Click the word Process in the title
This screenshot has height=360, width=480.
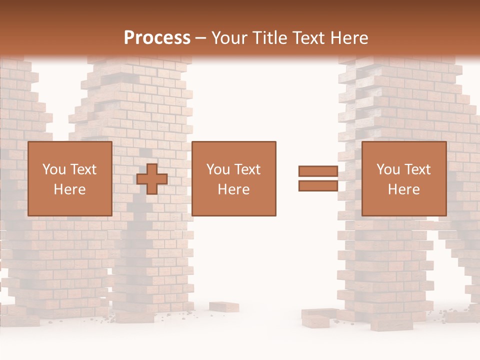[x=157, y=38]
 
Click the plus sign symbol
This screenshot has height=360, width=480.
[x=152, y=179]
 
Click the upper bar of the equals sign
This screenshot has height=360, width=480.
[x=318, y=171]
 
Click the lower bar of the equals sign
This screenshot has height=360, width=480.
[x=318, y=186]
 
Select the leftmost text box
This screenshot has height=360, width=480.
[x=70, y=179]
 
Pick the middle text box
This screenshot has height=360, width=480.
[x=234, y=179]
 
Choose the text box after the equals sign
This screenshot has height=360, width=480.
[x=404, y=179]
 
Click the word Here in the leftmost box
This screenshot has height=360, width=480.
[x=70, y=189]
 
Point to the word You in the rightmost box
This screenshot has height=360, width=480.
[x=389, y=169]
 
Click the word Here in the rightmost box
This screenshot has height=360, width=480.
[x=404, y=189]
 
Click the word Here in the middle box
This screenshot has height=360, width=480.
[x=234, y=189]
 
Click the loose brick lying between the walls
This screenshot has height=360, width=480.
[x=223, y=306]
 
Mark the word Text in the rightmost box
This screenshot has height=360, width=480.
[x=416, y=169]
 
